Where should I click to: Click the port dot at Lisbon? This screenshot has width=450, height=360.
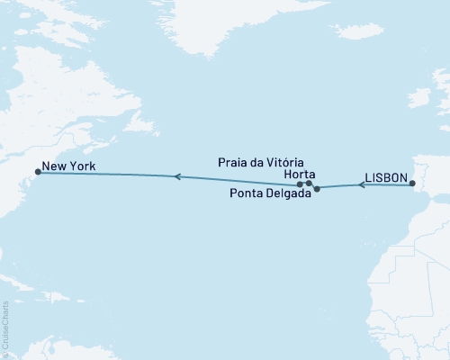[x=412, y=184]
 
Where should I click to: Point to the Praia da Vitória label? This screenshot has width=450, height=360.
[x=267, y=162]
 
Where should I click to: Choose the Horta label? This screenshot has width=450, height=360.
[x=298, y=174]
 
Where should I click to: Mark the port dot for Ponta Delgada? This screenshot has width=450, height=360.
[x=317, y=189]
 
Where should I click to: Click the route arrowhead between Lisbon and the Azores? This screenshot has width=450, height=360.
[x=362, y=185]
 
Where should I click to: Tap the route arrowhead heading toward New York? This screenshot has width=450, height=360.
[x=177, y=177]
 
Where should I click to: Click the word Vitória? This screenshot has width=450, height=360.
[x=294, y=162]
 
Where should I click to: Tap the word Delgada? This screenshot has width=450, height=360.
[x=286, y=193]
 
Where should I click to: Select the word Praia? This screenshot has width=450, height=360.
[x=234, y=162]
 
